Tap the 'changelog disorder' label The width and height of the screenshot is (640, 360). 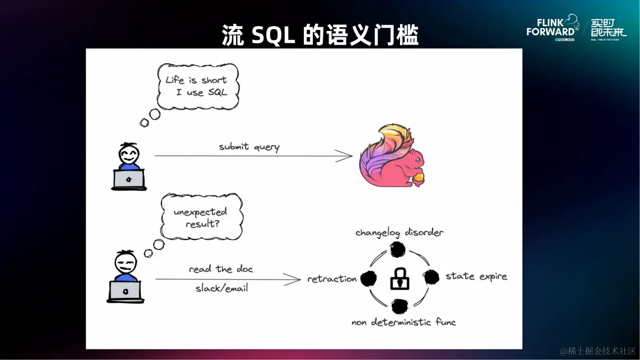pos(399,232)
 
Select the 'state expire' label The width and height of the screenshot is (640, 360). pos(476,276)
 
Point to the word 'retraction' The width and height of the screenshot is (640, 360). pos(332,279)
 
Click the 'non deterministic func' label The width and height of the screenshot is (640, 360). pos(403,322)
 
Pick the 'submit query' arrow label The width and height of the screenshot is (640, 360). pos(249,147)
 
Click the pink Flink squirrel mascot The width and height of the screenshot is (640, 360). pos(391,156)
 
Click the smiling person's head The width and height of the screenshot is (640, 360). pos(129,153)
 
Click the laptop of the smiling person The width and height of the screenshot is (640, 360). pos(129,180)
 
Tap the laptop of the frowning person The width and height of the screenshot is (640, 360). pos(125,290)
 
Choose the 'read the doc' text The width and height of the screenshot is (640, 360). pos(221,269)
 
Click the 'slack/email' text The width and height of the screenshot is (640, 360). pos(222,288)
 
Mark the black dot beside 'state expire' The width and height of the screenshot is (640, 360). pos(431,277)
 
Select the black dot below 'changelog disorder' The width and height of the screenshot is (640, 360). pos(398,249)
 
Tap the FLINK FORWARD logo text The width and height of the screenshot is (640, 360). pos(550,28)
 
